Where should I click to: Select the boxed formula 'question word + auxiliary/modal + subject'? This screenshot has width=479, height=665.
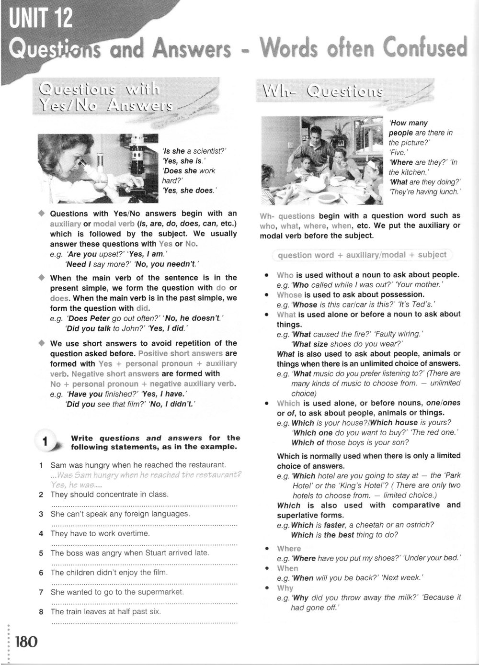(x=362, y=255)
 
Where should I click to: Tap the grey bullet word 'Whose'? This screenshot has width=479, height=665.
(x=289, y=294)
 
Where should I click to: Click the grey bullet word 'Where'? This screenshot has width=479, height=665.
(x=289, y=549)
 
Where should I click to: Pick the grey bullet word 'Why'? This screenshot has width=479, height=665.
(x=285, y=588)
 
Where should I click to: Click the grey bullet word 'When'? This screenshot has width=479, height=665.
(x=287, y=568)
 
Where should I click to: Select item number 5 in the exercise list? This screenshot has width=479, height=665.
(x=42, y=553)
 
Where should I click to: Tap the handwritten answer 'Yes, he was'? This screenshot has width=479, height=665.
(x=79, y=484)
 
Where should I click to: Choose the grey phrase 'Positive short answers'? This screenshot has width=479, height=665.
(x=180, y=353)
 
